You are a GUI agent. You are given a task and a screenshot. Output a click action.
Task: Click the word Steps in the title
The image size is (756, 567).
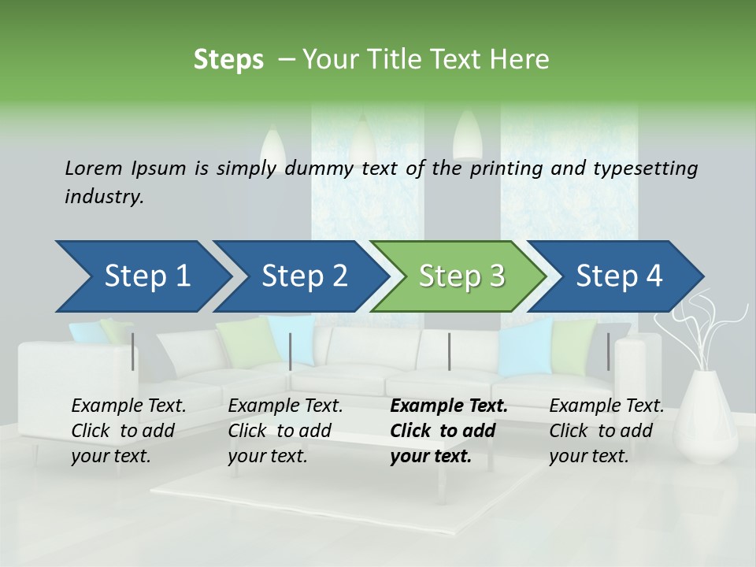[228, 60]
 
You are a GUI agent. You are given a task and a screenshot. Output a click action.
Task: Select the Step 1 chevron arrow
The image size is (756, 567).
[142, 276]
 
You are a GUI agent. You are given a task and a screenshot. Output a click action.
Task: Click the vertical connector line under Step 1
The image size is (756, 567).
[132, 352]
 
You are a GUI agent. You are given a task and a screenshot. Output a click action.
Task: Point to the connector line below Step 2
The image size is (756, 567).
[291, 352]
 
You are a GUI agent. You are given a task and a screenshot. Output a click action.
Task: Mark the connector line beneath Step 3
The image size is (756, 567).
[449, 352]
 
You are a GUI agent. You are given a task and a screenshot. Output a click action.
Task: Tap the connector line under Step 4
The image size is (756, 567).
[608, 352]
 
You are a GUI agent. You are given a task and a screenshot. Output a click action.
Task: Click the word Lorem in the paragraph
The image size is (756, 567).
[93, 169]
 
